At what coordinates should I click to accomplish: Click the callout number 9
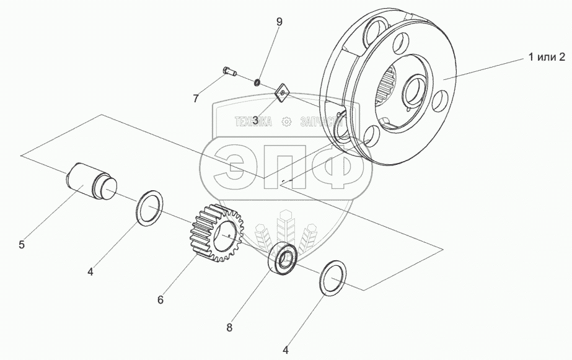click(279, 22)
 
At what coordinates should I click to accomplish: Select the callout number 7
click(196, 99)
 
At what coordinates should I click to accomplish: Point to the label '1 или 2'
click(547, 57)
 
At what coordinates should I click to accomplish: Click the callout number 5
click(22, 244)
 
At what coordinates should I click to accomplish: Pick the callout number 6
click(160, 300)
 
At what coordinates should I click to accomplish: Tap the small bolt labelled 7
click(229, 73)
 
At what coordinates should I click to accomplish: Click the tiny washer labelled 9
click(255, 81)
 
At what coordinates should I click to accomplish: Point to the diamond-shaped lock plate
click(283, 92)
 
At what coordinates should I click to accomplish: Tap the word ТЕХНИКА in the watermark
click(253, 122)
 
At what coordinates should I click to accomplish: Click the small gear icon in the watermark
click(286, 122)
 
